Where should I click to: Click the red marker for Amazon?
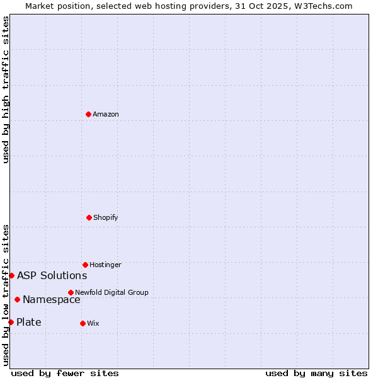click(88, 114)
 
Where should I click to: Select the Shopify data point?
click(89, 217)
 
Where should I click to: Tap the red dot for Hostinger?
click(85, 265)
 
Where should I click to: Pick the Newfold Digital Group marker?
click(71, 292)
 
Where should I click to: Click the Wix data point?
click(83, 323)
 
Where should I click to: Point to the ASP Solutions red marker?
click(11, 275)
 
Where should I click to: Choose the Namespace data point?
click(17, 299)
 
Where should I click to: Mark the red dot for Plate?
click(11, 322)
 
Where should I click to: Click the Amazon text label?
click(106, 114)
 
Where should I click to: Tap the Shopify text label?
click(106, 217)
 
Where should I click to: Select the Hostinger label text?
click(105, 265)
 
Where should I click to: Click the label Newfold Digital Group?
click(112, 292)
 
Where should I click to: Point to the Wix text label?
click(93, 323)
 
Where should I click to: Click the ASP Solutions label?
click(52, 275)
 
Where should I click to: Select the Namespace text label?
click(51, 299)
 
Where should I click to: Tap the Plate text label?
click(28, 322)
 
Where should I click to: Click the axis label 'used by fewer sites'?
click(65, 373)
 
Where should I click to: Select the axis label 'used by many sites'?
click(316, 373)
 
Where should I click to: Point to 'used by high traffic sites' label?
click(6, 89)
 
